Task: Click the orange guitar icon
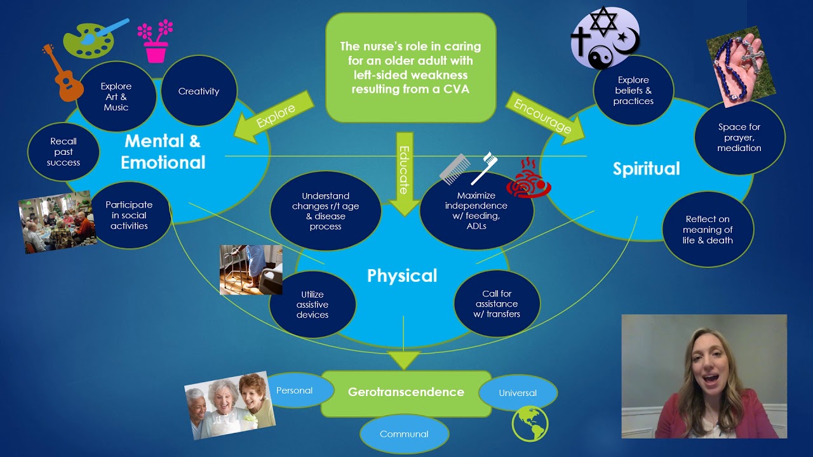pos(64,75)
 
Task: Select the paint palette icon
pos(89,39)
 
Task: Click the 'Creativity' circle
pos(199,91)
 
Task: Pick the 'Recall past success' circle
pos(64,152)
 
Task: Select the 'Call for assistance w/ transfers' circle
pos(497,303)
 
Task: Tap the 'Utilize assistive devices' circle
pos(312,304)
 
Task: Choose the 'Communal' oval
pos(404,434)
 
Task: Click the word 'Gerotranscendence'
pos(406,392)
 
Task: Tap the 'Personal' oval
pos(295,390)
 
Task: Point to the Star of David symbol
pos(603,22)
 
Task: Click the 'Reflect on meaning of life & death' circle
pos(708,230)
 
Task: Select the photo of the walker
pos(251,270)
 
